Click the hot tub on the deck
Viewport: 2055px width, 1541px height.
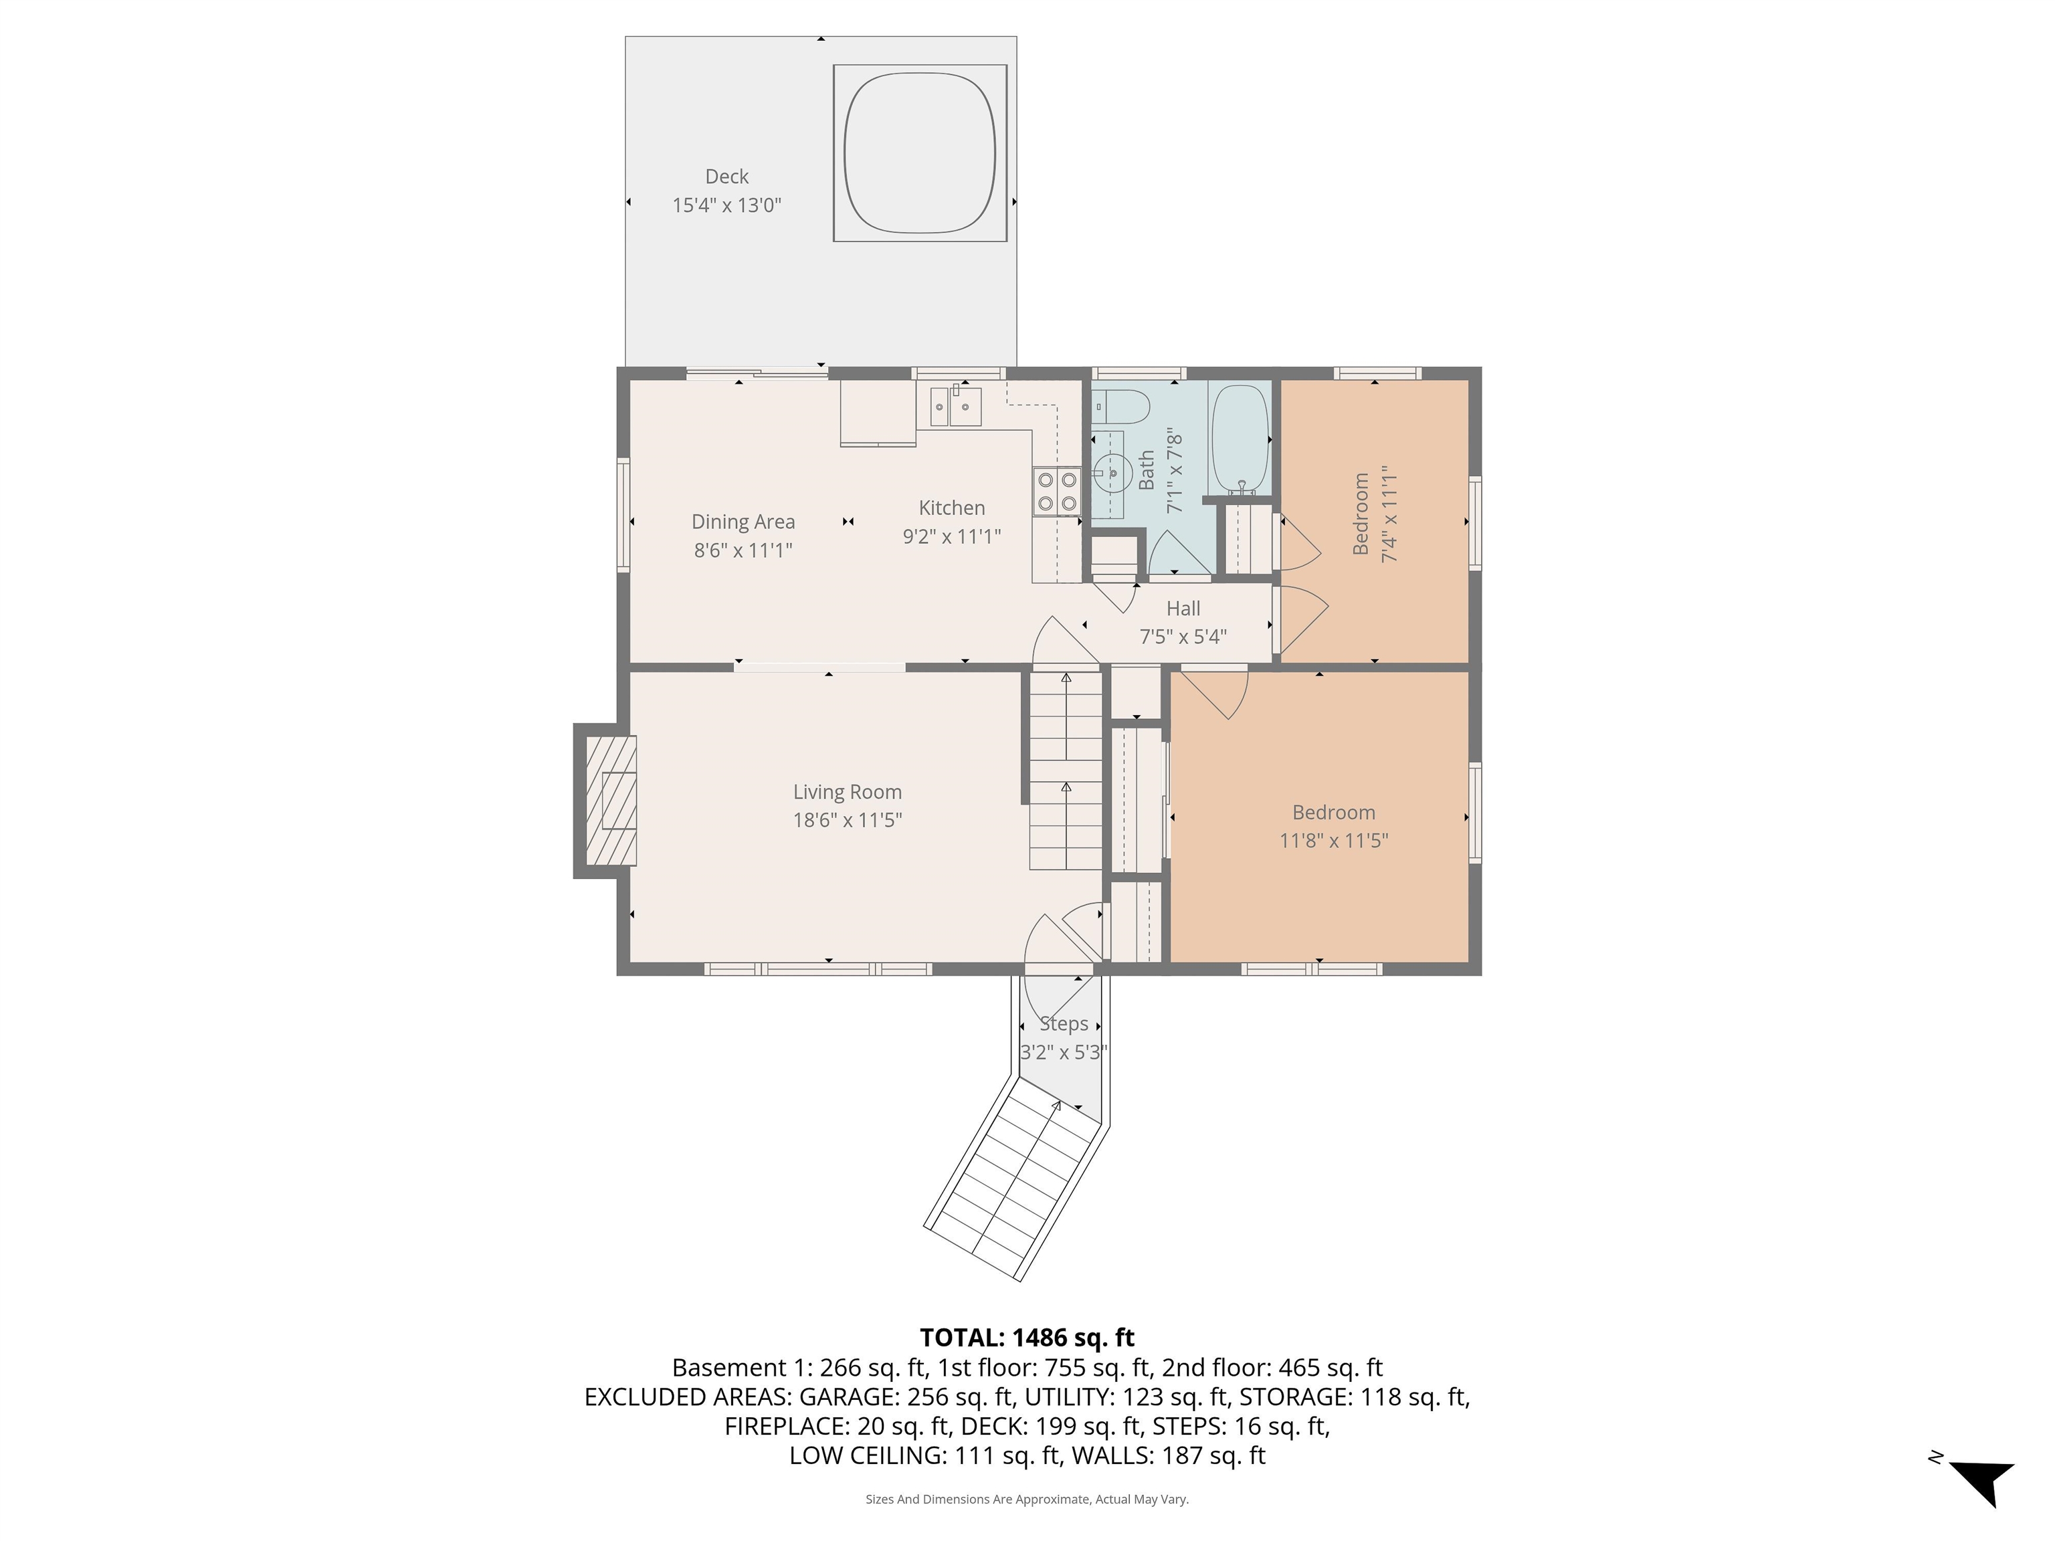click(x=919, y=153)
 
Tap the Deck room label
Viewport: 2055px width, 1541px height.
click(x=726, y=177)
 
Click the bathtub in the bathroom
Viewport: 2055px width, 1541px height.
click(x=1240, y=439)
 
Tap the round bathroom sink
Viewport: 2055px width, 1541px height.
click(x=1108, y=473)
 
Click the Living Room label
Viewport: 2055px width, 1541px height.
click(x=846, y=793)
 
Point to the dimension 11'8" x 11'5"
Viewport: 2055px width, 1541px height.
click(x=1333, y=841)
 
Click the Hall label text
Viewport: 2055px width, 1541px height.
click(x=1183, y=609)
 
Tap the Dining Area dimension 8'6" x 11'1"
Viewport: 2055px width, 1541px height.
click(x=743, y=550)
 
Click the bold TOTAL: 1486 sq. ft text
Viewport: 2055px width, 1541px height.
click(x=1027, y=1338)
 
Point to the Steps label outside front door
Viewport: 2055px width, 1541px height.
click(x=1064, y=1023)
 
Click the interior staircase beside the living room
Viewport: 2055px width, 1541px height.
click(x=1066, y=771)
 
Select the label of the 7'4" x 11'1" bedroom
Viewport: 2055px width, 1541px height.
click(x=1360, y=514)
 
